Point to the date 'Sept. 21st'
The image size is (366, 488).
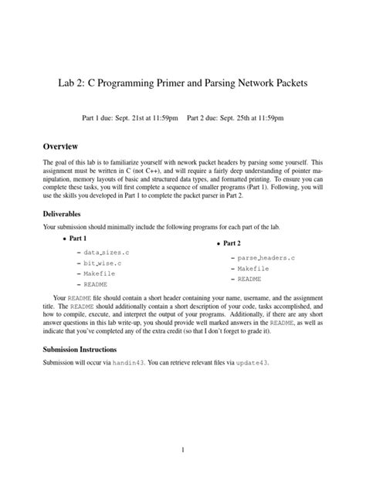[126, 119]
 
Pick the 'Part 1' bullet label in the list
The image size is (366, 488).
[74, 239]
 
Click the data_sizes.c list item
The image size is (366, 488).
[107, 252]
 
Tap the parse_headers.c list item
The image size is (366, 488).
[266, 257]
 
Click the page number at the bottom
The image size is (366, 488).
[182, 449]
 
